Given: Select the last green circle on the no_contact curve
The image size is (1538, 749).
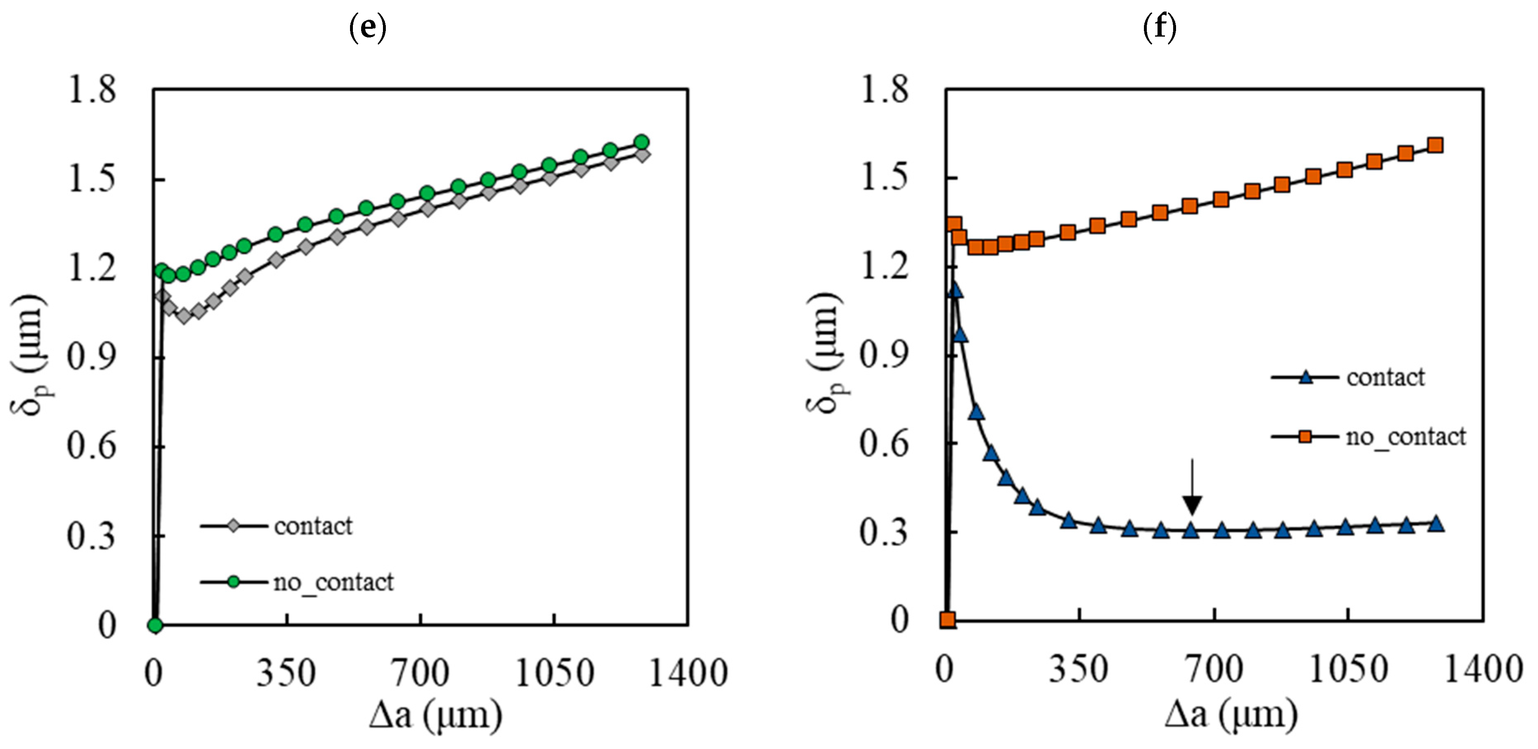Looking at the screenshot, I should coord(642,142).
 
